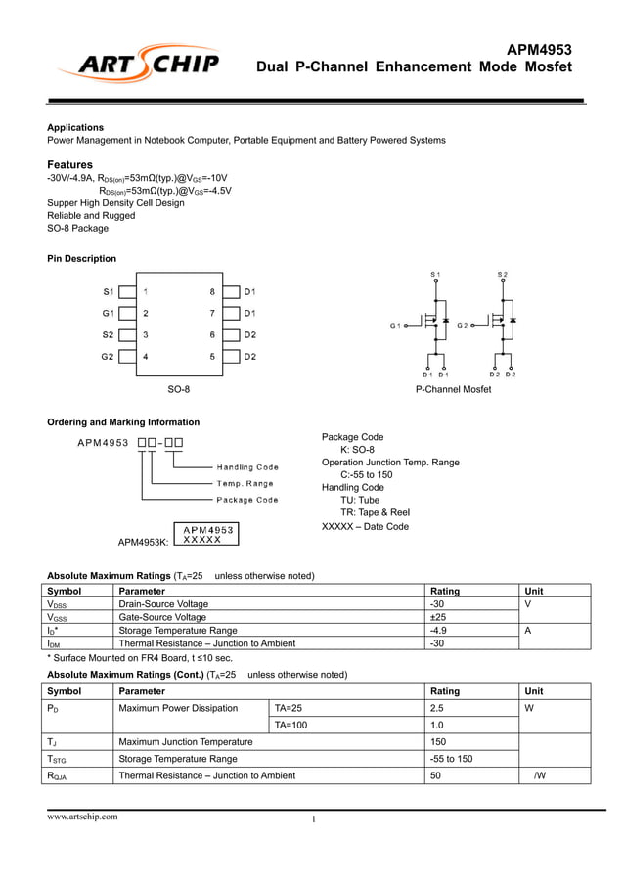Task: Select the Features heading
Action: point(70,164)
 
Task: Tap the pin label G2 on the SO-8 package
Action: point(108,356)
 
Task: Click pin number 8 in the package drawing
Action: point(212,291)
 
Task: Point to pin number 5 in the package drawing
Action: point(212,356)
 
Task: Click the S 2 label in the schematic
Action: point(502,273)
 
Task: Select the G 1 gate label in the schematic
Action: point(395,325)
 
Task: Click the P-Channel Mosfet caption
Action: point(453,389)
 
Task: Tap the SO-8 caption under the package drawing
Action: point(178,389)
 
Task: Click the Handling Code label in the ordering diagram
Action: point(247,467)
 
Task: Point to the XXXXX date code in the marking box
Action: point(202,539)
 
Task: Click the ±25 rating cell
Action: point(439,617)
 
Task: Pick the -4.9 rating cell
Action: point(440,631)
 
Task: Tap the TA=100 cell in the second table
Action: point(290,725)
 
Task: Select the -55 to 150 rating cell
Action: point(451,759)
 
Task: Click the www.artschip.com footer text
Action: point(83,817)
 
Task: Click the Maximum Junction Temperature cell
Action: point(185,742)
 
